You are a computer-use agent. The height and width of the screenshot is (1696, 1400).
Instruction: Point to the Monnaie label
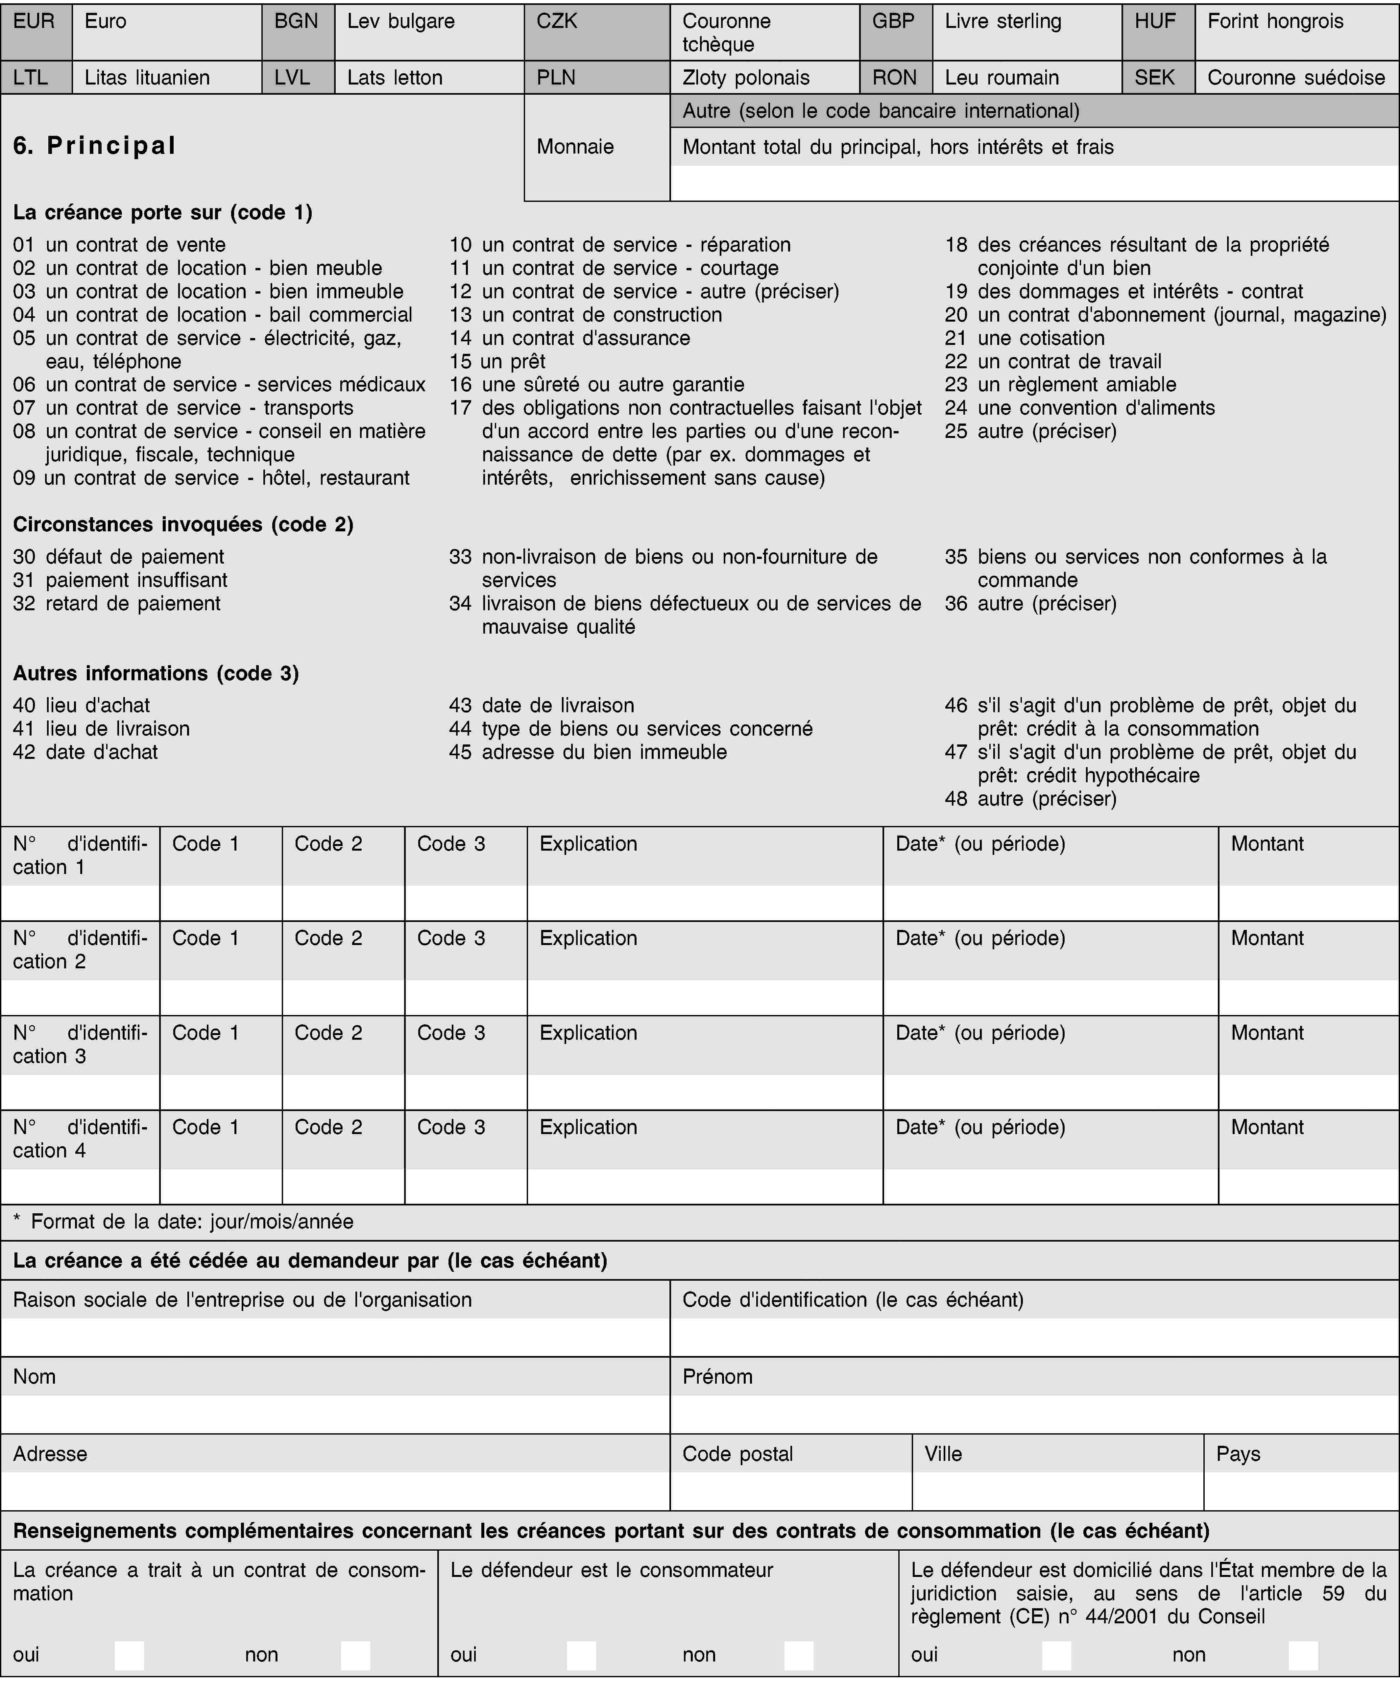pyautogui.click(x=575, y=147)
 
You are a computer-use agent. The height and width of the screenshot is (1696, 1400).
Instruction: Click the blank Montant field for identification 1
pyautogui.click(x=1308, y=903)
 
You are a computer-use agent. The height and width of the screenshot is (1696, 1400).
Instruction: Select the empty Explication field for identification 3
pyautogui.click(x=705, y=1092)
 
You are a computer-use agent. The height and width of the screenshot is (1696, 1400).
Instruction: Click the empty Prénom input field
pyautogui.click(x=1034, y=1415)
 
